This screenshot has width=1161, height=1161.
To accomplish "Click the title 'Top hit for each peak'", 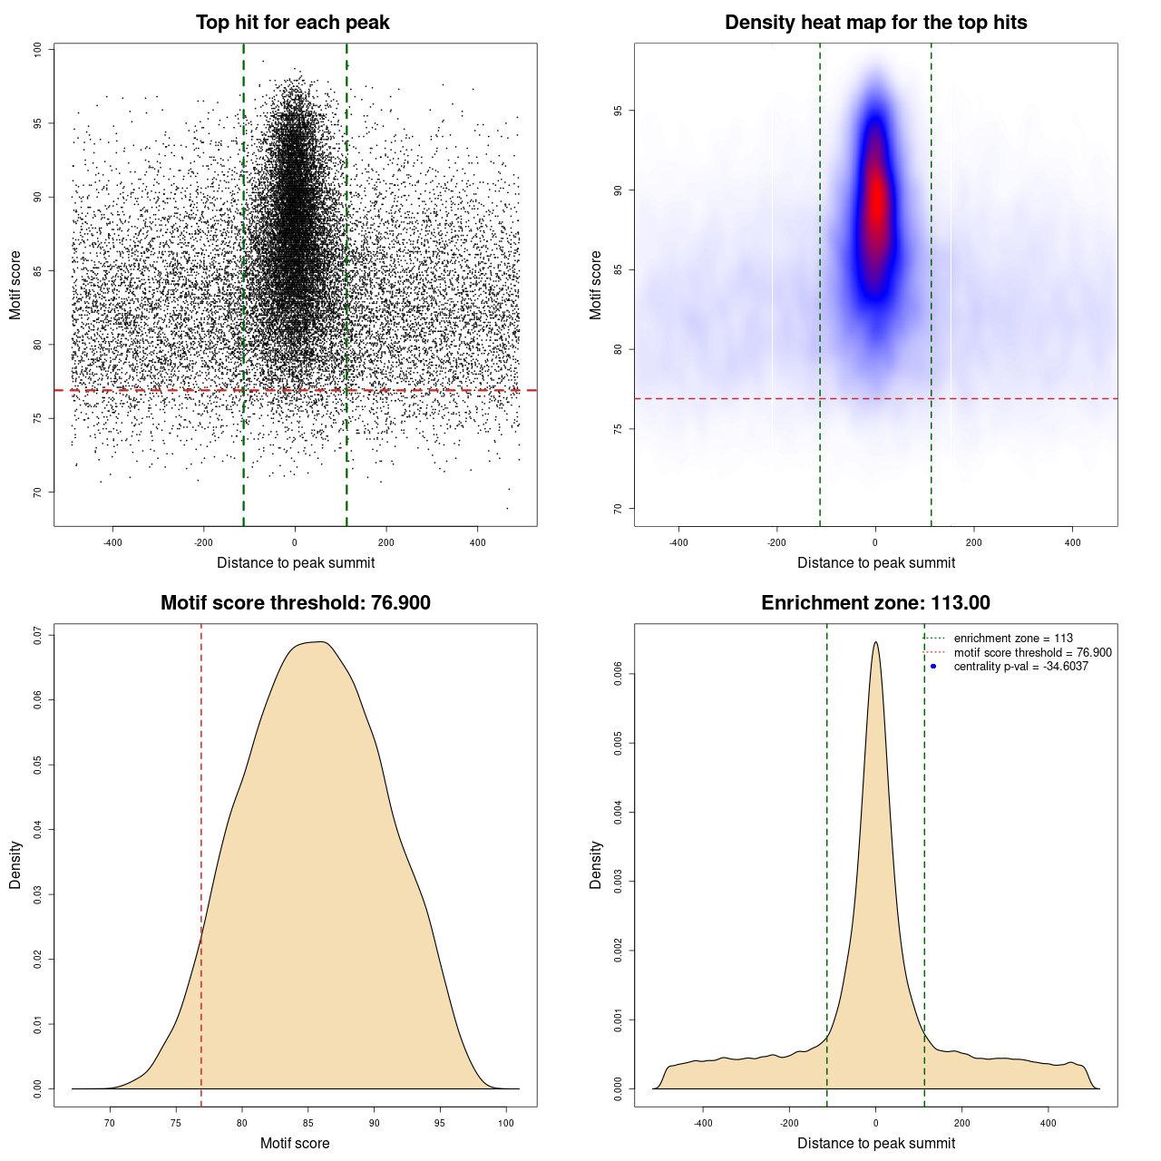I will click(x=292, y=23).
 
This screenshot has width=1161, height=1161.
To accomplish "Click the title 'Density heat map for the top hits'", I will click(x=875, y=23).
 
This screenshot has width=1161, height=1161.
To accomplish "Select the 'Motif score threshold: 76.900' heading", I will click(x=295, y=603).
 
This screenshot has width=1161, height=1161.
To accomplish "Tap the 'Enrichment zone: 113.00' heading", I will click(x=875, y=603).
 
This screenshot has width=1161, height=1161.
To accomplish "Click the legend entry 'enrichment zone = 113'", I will click(x=1013, y=639).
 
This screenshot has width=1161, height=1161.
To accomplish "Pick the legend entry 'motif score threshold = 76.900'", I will click(x=1032, y=653).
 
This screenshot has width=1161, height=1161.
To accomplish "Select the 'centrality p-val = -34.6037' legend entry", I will click(x=1020, y=667).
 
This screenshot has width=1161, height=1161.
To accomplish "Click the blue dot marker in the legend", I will click(x=933, y=667).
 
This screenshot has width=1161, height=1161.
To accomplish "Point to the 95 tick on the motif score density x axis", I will click(x=440, y=1123).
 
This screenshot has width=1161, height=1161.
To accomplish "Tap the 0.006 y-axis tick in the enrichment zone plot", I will click(x=619, y=673).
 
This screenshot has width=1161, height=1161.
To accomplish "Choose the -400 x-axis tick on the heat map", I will click(x=678, y=542).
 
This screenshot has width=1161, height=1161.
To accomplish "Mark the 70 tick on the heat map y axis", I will click(x=619, y=509).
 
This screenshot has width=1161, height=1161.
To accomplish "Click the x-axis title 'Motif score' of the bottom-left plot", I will click(x=295, y=1143).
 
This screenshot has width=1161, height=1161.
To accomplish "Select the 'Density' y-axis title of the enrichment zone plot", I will click(x=596, y=864).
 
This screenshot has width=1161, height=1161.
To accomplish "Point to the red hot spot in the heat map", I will click(x=875, y=204).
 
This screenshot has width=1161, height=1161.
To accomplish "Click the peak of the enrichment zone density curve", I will click(x=875, y=643).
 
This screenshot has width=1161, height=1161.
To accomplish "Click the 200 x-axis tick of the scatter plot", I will click(x=386, y=542).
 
